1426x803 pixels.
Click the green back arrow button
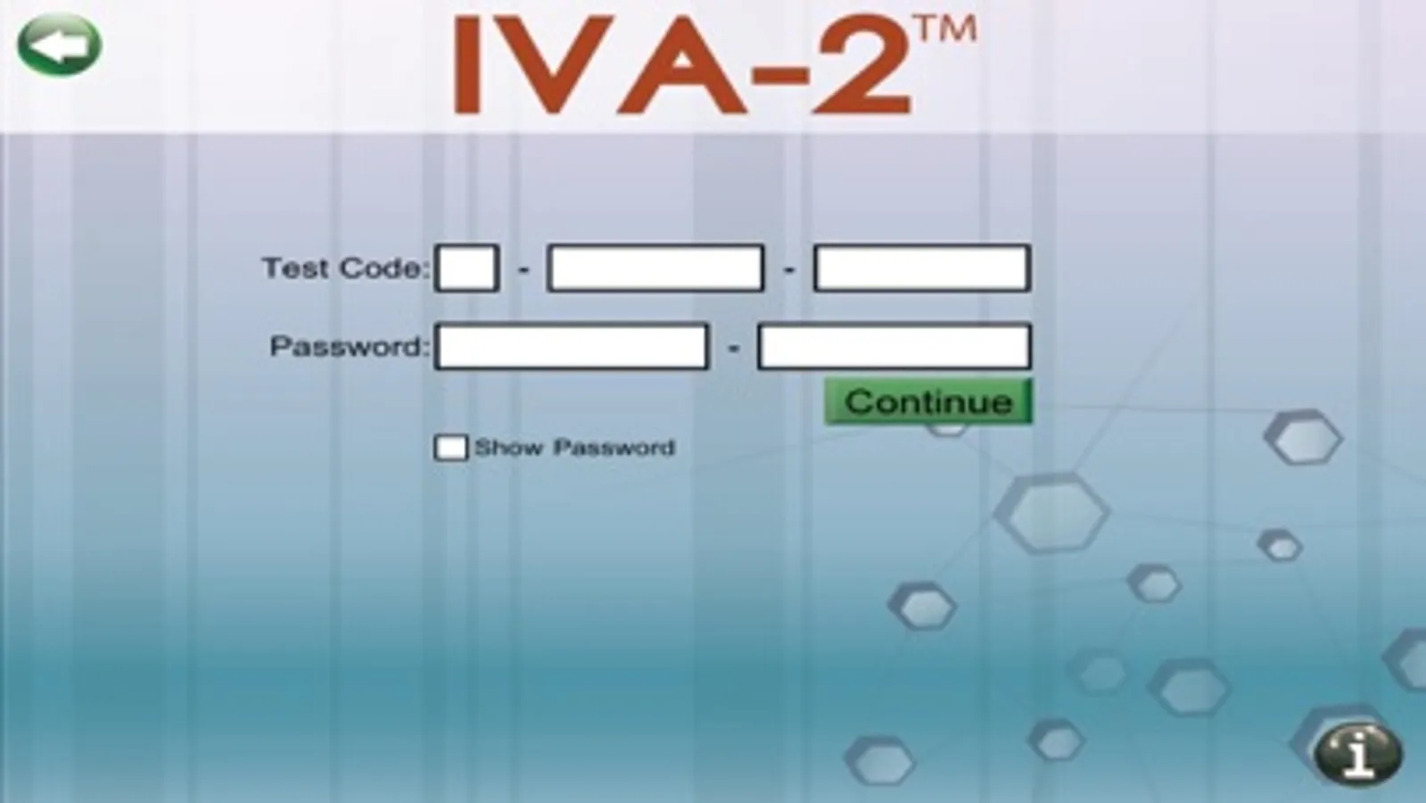[x=59, y=45]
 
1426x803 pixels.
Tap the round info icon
[x=1358, y=755]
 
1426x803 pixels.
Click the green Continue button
[x=928, y=401]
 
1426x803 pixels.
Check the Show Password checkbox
[x=450, y=448]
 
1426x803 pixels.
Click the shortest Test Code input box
[x=466, y=268]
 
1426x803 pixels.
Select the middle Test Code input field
[x=655, y=268]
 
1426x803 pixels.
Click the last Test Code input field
[x=922, y=268]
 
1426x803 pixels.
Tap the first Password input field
[x=572, y=346]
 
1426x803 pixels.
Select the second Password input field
[x=894, y=346]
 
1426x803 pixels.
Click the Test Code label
[x=346, y=268]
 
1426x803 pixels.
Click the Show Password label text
[x=575, y=448]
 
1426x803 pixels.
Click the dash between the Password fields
[x=733, y=348]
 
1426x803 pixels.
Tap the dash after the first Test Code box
[x=523, y=270]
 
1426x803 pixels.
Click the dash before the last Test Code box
[x=788, y=270]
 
